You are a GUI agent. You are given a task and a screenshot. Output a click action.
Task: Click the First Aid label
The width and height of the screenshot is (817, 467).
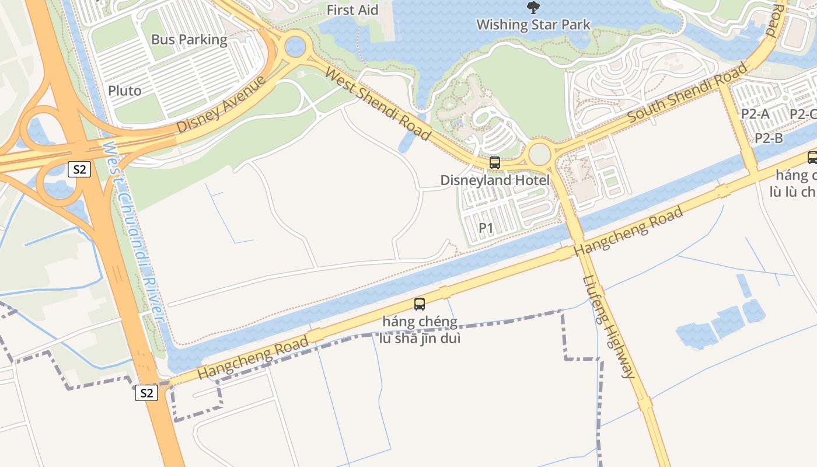pyautogui.click(x=352, y=10)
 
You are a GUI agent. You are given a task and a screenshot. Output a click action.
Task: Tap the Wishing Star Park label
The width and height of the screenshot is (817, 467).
pyautogui.click(x=533, y=25)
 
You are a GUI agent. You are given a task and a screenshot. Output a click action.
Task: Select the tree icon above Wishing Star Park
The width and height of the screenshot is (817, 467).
pyautogui.click(x=533, y=8)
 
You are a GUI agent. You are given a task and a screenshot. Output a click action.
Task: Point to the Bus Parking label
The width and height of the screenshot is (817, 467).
pyautogui.click(x=189, y=40)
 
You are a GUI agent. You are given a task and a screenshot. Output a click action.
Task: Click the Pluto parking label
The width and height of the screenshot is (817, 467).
pyautogui.click(x=125, y=91)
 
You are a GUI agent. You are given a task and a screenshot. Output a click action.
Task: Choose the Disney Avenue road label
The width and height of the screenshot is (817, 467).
pyautogui.click(x=221, y=103)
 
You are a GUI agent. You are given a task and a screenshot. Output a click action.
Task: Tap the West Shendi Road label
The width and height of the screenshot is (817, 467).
pyautogui.click(x=378, y=104)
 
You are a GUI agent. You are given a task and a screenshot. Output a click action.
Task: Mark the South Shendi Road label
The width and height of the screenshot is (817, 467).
pyautogui.click(x=687, y=92)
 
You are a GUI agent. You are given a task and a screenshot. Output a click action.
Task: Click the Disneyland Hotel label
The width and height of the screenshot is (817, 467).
pyautogui.click(x=495, y=180)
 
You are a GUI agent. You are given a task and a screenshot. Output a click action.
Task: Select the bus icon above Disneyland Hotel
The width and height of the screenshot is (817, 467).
pyautogui.click(x=495, y=163)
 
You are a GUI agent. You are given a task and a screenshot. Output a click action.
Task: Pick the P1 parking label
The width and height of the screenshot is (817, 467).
pyautogui.click(x=486, y=228)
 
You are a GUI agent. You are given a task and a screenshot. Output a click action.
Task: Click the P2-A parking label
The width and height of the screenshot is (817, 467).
pyautogui.click(x=755, y=114)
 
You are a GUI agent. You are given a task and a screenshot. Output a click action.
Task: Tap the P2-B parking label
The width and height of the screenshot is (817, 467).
pyautogui.click(x=769, y=138)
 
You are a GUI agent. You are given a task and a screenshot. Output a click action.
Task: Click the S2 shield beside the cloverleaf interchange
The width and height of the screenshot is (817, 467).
pyautogui.click(x=79, y=170)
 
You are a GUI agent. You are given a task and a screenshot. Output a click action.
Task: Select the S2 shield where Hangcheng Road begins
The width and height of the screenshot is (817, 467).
pyautogui.click(x=146, y=393)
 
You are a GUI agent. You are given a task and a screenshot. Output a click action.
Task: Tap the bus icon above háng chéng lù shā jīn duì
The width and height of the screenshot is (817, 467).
pyautogui.click(x=420, y=304)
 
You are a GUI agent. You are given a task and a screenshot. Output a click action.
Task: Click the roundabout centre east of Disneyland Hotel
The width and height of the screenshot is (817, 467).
pyautogui.click(x=540, y=154)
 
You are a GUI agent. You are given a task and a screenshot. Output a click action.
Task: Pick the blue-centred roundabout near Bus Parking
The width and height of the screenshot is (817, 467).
pyautogui.click(x=295, y=46)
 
